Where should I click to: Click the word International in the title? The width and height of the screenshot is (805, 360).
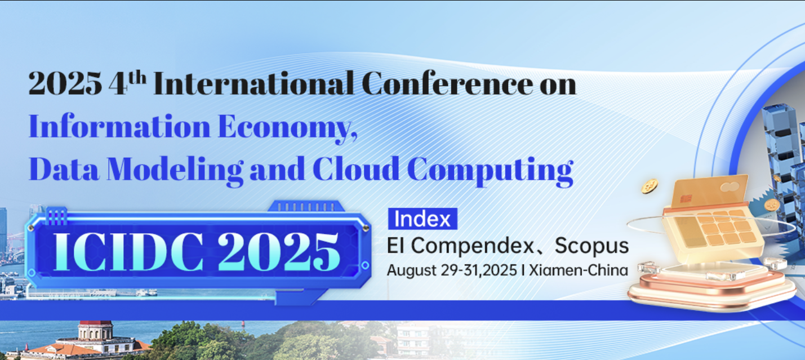[253, 83]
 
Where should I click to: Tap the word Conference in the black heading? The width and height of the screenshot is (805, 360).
[447, 83]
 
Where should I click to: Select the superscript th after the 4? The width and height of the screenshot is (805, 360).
[137, 78]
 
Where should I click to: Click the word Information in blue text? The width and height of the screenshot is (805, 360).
[119, 126]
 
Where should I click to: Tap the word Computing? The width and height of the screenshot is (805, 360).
[490, 171]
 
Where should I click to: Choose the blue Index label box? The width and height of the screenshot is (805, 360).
[422, 219]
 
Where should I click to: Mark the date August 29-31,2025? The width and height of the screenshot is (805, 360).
[452, 270]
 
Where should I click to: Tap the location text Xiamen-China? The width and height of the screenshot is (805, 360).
[578, 270]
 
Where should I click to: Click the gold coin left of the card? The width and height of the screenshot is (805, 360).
[650, 186]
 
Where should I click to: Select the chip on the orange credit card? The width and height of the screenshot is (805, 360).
[686, 199]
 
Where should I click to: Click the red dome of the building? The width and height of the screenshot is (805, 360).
[96, 323]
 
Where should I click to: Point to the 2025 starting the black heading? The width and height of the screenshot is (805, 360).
[65, 84]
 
